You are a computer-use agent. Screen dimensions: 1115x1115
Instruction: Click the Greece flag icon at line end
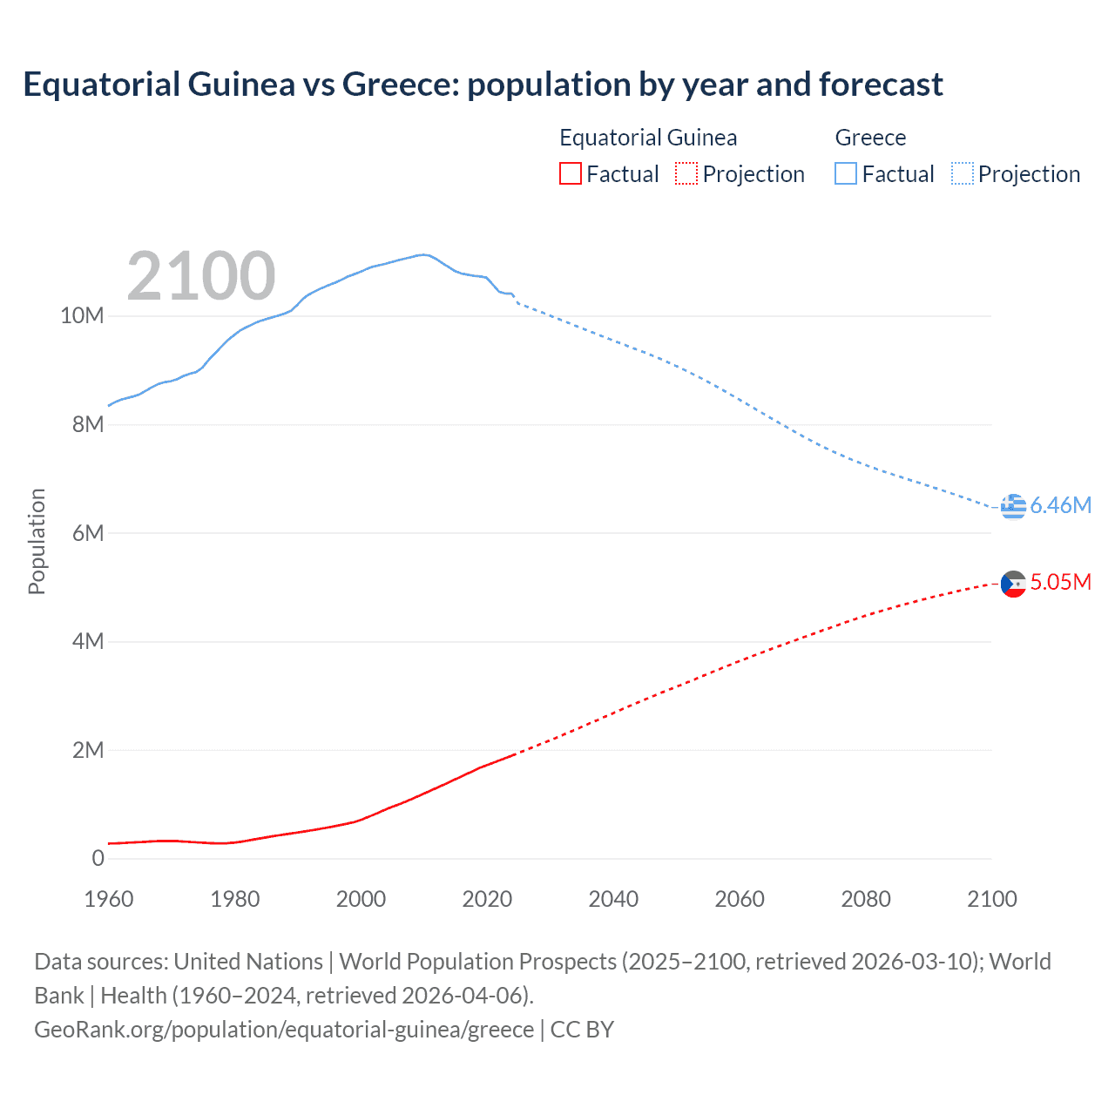[x=1013, y=506]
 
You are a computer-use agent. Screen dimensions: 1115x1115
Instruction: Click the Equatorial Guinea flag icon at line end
[x=1013, y=583]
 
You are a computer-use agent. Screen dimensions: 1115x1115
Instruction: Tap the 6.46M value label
[x=1060, y=506]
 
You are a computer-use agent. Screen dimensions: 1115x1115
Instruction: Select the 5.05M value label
[x=1060, y=583]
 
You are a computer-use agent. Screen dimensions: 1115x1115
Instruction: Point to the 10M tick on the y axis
[x=82, y=316]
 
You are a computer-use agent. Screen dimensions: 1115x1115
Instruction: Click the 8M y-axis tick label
[x=87, y=425]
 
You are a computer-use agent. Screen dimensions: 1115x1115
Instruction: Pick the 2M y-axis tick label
[x=87, y=751]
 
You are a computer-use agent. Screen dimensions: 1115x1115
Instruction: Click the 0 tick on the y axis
[x=98, y=859]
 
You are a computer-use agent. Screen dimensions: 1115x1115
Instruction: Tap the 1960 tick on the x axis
[x=109, y=899]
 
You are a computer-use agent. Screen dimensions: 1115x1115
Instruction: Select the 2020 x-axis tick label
[x=487, y=899]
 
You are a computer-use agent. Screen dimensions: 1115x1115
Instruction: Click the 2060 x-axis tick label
[x=740, y=899]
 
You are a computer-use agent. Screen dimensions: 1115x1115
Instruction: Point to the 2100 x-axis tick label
[x=991, y=899]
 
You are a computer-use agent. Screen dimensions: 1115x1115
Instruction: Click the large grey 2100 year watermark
[x=201, y=276]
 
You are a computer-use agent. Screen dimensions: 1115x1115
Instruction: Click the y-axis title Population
[x=37, y=542]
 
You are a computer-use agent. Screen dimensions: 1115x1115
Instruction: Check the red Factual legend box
[x=570, y=174]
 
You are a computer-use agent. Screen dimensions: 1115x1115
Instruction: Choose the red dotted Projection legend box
[x=686, y=174]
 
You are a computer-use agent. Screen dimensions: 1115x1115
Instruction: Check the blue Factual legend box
[x=846, y=174]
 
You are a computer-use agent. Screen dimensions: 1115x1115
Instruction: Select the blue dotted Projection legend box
[x=963, y=174]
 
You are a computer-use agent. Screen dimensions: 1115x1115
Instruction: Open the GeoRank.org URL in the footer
[x=284, y=1030]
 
